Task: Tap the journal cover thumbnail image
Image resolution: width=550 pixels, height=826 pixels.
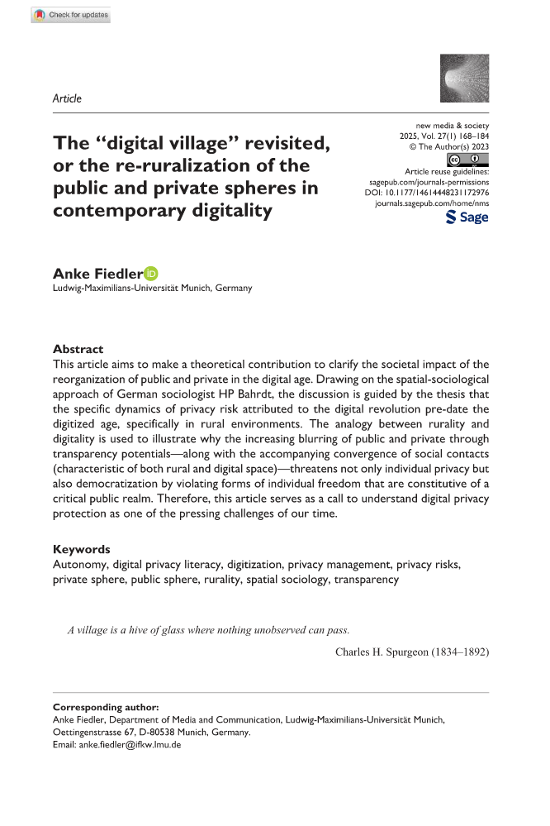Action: [x=460, y=77]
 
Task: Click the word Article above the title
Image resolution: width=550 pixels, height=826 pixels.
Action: [x=67, y=98]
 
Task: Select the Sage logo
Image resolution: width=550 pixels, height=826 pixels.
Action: [x=467, y=217]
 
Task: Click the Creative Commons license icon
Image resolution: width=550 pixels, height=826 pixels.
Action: [x=467, y=159]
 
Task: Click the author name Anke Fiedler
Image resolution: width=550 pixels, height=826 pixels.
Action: [x=97, y=274]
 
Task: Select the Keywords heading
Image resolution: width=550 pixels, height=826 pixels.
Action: [x=81, y=549]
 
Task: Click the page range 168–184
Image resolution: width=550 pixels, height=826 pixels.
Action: [x=467, y=137]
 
